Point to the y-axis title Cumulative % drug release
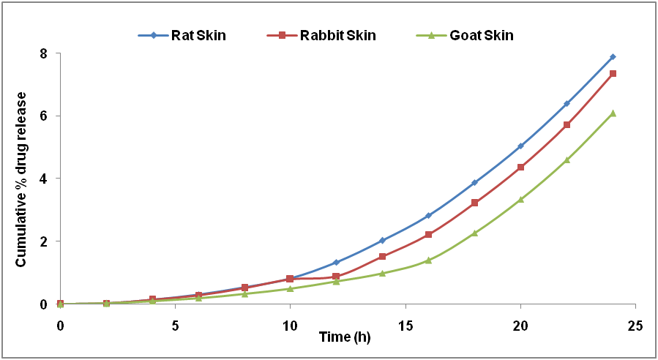point(21,179)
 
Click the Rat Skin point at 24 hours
point(613,56)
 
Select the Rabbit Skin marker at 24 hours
point(613,74)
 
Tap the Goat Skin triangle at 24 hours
point(613,113)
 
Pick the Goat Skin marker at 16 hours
point(428,260)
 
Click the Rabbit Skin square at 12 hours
point(336,277)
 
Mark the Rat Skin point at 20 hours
point(520,146)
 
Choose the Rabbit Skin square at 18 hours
point(474,203)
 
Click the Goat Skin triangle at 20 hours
point(520,199)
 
